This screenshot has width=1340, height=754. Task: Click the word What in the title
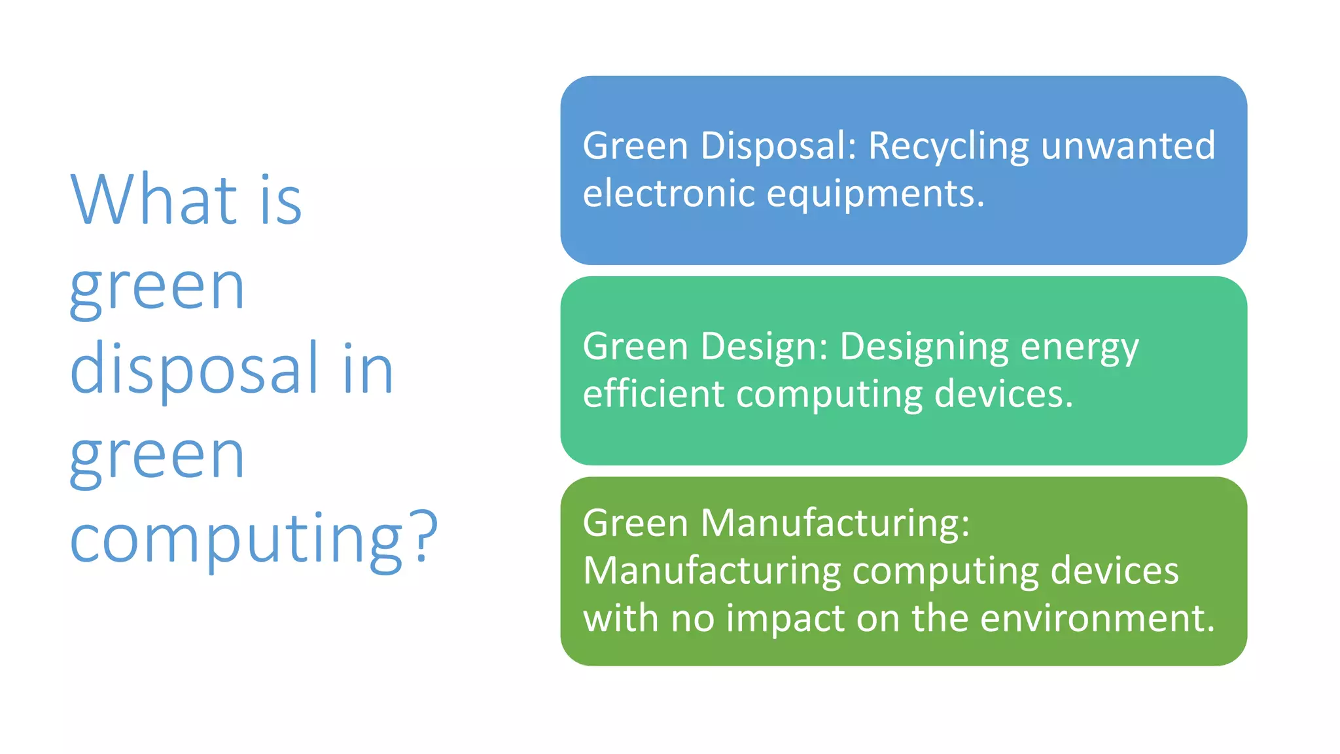click(x=154, y=199)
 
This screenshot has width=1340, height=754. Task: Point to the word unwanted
click(x=1128, y=146)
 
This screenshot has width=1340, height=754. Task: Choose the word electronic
click(x=669, y=194)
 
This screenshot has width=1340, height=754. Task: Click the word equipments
click(x=875, y=195)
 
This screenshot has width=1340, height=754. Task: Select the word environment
click(x=1097, y=618)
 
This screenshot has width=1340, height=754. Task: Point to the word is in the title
click(x=281, y=200)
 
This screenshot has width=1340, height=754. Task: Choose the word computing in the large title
click(x=236, y=539)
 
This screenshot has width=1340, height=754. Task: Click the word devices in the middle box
click(x=1003, y=394)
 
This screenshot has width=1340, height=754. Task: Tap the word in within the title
click(x=368, y=369)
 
